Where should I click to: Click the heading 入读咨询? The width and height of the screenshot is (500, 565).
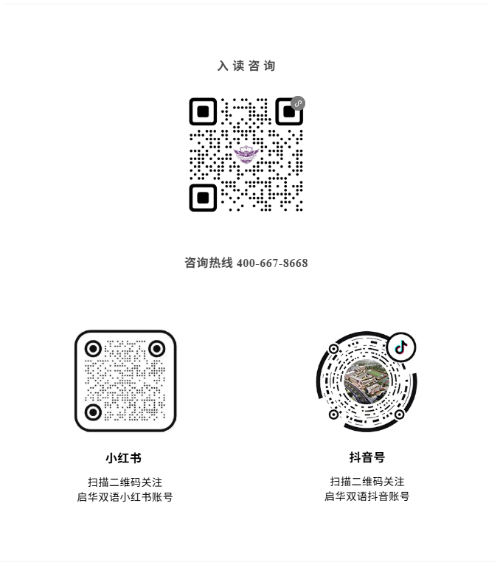tap(246, 66)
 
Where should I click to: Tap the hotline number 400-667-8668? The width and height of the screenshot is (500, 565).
tap(272, 263)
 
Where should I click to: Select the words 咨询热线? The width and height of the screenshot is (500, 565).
tap(209, 263)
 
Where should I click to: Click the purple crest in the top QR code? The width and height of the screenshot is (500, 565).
tap(246, 155)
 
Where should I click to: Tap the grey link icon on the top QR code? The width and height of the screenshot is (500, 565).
tap(298, 103)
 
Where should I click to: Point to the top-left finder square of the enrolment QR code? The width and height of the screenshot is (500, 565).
tap(203, 111)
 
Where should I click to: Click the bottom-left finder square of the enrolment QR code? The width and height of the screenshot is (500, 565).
tap(203, 198)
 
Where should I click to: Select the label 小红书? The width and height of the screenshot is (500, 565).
tap(124, 458)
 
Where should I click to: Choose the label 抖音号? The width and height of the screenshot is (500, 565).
tap(367, 457)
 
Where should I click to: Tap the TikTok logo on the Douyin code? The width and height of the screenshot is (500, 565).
tap(401, 347)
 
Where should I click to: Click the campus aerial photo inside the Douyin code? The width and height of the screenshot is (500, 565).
tap(367, 381)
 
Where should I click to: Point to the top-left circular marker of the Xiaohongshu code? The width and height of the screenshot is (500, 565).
tap(94, 349)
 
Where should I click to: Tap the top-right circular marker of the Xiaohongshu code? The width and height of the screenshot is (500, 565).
tap(157, 349)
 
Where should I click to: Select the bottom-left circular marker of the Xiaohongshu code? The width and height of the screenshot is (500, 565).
tap(94, 412)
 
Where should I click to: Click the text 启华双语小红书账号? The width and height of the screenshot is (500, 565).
tap(125, 497)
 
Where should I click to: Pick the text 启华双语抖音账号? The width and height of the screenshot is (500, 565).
tap(367, 496)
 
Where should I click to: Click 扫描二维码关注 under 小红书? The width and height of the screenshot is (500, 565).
tap(125, 482)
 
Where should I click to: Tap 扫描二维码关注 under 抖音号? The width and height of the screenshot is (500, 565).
tap(367, 482)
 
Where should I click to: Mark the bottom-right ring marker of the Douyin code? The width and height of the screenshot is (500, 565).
tap(399, 415)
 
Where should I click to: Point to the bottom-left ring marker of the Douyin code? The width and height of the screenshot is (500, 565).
tap(333, 415)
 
